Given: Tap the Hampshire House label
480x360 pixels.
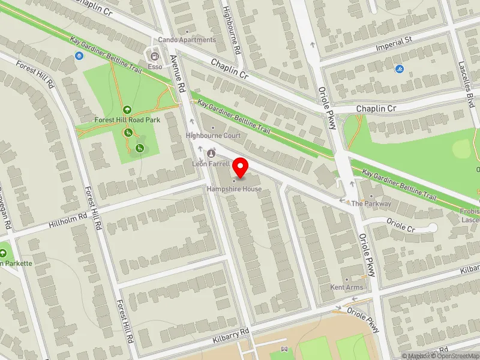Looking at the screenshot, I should (235, 189).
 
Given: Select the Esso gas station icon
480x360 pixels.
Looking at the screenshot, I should (155, 57).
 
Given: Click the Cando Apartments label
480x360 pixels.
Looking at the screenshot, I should (187, 40).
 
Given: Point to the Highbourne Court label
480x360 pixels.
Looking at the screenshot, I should (213, 136).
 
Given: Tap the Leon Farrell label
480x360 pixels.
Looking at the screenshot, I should (206, 163).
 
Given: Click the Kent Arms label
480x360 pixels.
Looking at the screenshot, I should (347, 287).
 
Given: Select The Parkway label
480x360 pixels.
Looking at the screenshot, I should (371, 203).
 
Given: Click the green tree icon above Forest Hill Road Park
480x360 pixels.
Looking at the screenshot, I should (127, 110).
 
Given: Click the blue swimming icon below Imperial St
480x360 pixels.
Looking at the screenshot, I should (400, 70).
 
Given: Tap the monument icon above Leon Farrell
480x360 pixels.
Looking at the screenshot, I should (211, 154).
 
